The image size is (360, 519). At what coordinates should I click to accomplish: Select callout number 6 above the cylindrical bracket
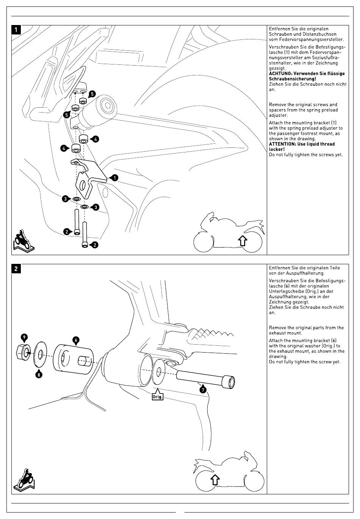point(76,340)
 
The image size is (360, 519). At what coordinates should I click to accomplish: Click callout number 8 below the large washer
point(39,375)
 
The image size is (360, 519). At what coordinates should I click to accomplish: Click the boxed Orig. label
point(157,397)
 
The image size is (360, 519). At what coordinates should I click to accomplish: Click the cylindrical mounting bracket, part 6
point(72,359)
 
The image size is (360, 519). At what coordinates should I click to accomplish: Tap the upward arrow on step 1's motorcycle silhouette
point(243,240)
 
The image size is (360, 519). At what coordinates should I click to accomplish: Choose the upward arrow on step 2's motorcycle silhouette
point(214,479)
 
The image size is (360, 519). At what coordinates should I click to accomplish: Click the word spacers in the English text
point(277,110)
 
